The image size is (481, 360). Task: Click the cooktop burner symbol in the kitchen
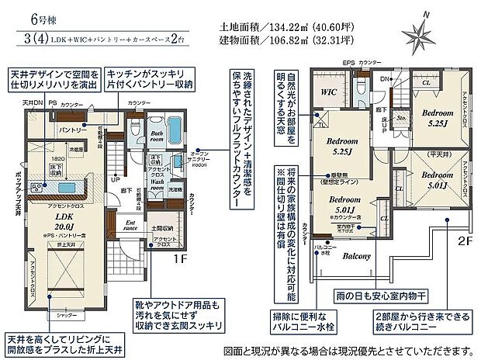click(37, 187)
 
